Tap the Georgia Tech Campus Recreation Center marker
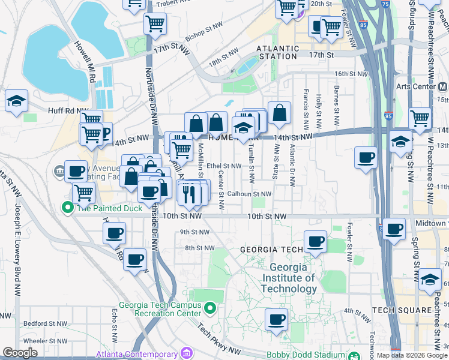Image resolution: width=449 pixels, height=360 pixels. pyautogui.click(x=209, y=309)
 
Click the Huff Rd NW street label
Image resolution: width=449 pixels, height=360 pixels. pyautogui.click(x=62, y=110)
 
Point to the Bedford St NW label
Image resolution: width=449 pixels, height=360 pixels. pyautogui.click(x=44, y=323)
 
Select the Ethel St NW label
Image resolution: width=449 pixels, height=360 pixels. pyautogui.click(x=223, y=166)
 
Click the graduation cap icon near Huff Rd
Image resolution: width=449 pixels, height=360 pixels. pyautogui.click(x=17, y=100)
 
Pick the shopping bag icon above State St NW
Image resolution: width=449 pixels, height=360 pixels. pyautogui.click(x=279, y=112)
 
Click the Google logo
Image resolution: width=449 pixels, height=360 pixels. pyautogui.click(x=20, y=353)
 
